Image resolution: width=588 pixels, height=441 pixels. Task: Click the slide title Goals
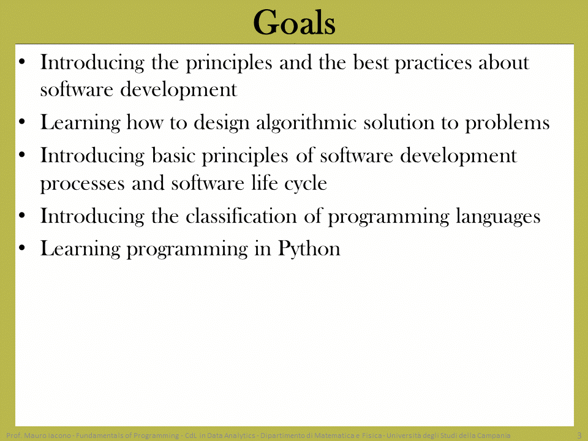294,23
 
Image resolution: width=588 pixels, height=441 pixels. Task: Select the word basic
173,155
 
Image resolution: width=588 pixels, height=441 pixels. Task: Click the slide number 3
579,435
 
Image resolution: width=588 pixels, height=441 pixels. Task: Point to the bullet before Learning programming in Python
22,247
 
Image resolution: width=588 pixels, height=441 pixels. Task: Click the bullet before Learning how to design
22,121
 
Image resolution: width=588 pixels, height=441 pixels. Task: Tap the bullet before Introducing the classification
22,215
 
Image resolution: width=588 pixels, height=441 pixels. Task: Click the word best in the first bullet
371,62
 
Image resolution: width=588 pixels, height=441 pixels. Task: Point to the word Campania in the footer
494,435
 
